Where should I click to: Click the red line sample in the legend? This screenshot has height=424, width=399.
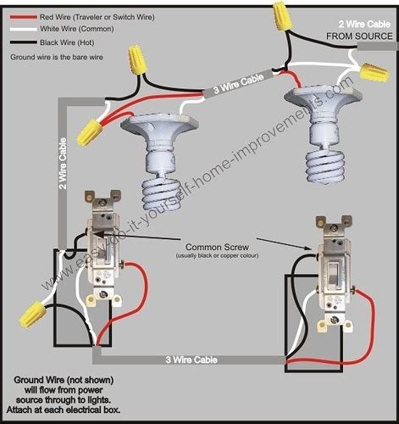pyautogui.click(x=24, y=17)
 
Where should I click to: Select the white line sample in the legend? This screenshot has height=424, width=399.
pyautogui.click(x=24, y=29)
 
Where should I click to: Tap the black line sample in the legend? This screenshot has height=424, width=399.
pyautogui.click(x=24, y=42)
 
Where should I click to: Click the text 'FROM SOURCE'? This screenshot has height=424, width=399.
pyautogui.click(x=359, y=36)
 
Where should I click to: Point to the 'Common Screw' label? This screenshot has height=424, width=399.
pyautogui.click(x=217, y=247)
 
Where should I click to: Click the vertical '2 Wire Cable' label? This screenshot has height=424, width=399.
pyautogui.click(x=63, y=164)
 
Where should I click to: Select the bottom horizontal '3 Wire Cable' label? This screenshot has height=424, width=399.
pyautogui.click(x=191, y=360)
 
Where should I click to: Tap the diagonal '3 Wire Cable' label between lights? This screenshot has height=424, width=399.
pyautogui.click(x=239, y=83)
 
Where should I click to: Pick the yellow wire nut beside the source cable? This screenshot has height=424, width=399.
pyautogui.click(x=374, y=72)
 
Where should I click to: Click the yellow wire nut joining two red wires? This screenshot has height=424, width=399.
pyautogui.click(x=88, y=132)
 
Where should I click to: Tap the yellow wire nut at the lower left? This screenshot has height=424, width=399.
pyautogui.click(x=31, y=314)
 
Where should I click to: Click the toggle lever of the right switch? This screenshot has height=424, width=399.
pyautogui.click(x=335, y=273)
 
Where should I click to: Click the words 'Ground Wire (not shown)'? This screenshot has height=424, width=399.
pyautogui.click(x=64, y=380)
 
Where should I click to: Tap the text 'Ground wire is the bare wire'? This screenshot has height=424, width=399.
pyautogui.click(x=57, y=57)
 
